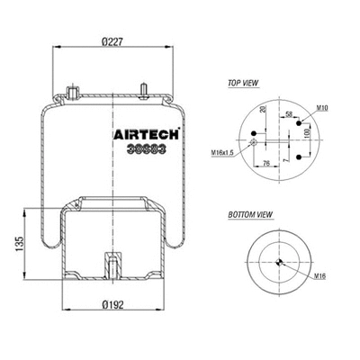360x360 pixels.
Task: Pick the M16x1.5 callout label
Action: tap(225, 152)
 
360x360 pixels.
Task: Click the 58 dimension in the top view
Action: tap(288, 116)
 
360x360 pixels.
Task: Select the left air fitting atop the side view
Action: tap(72, 92)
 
